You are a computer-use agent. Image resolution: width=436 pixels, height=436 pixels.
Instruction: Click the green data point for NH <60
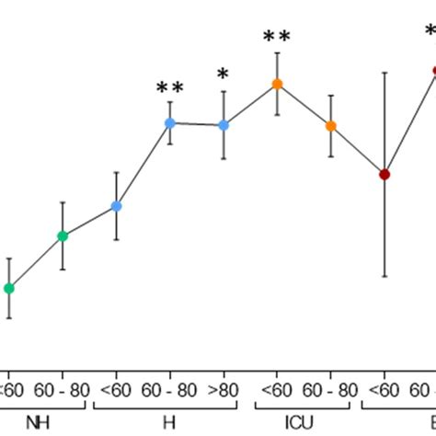pyautogui.click(x=9, y=288)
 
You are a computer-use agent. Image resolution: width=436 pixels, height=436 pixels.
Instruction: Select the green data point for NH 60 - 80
pyautogui.click(x=63, y=236)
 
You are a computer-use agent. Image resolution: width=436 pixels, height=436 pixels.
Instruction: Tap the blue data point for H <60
pyautogui.click(x=116, y=206)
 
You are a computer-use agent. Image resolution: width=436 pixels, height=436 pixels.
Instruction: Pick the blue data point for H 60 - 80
pyautogui.click(x=170, y=122)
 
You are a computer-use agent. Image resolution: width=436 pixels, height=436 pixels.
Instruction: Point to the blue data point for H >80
pyautogui.click(x=223, y=125)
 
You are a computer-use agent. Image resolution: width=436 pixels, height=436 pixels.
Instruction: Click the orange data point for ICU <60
pyautogui.click(x=277, y=84)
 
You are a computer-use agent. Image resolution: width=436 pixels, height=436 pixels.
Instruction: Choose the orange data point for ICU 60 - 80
pyautogui.click(x=330, y=126)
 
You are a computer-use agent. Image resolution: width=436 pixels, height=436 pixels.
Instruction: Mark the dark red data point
pyautogui.click(x=384, y=174)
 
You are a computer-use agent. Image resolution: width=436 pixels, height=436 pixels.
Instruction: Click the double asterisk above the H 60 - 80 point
pyautogui.click(x=170, y=88)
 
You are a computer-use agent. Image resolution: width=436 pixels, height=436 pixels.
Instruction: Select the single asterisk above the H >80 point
pyautogui.click(x=223, y=75)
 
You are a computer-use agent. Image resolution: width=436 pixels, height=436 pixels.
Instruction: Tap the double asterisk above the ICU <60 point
pyautogui.click(x=277, y=37)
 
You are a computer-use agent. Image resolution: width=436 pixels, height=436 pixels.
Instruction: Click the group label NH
pyautogui.click(x=38, y=422)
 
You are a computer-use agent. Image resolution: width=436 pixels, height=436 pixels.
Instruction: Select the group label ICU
pyautogui.click(x=304, y=422)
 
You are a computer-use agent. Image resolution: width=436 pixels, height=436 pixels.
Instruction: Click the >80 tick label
pyautogui.click(x=224, y=389)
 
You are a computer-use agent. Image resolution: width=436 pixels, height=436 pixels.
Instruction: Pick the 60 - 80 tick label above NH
pyautogui.click(x=63, y=389)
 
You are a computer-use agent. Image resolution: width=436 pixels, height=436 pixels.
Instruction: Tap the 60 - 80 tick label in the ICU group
pyautogui.click(x=330, y=389)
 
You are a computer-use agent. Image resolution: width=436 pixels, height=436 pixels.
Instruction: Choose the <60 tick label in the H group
pyautogui.click(x=116, y=389)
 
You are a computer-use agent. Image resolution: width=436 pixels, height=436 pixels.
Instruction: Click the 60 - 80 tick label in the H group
pyautogui.click(x=170, y=389)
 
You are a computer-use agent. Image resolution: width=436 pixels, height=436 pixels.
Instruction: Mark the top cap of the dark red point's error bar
pyautogui.click(x=384, y=72)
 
